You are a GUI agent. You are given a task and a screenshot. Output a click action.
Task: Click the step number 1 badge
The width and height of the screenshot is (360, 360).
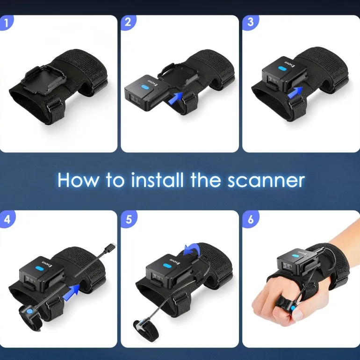(x=6, y=23)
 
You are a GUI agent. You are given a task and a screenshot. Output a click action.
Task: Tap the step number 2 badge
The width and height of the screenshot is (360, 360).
(x=129, y=23)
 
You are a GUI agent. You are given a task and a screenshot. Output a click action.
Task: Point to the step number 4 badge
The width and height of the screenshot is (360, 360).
(x=7, y=219)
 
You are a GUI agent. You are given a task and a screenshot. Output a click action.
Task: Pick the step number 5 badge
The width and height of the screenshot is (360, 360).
(x=129, y=219)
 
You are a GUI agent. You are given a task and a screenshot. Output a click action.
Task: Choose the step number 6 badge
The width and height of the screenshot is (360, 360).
(x=251, y=219)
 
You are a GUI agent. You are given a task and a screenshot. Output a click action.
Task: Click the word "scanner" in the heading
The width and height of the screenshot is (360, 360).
(x=266, y=180)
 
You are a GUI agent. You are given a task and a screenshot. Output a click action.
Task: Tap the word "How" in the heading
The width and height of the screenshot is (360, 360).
(x=78, y=180)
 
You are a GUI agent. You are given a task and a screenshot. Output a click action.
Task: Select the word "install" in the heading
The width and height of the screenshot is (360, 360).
(x=157, y=180)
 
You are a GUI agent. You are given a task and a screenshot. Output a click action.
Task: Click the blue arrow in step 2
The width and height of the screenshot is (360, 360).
(x=175, y=99)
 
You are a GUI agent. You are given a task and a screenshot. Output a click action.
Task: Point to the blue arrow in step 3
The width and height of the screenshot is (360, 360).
(x=295, y=93)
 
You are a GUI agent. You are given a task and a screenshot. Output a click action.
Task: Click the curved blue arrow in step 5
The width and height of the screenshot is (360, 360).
(x=193, y=249)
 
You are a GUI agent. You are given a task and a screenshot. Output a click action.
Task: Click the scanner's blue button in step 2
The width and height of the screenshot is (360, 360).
(x=145, y=87)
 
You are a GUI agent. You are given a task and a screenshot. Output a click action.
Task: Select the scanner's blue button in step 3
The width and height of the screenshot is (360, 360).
(x=281, y=68)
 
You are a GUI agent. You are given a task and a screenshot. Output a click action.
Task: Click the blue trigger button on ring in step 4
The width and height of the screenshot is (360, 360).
(x=29, y=311)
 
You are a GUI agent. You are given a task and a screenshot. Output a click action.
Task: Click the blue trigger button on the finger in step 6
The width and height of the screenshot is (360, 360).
(x=293, y=308)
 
